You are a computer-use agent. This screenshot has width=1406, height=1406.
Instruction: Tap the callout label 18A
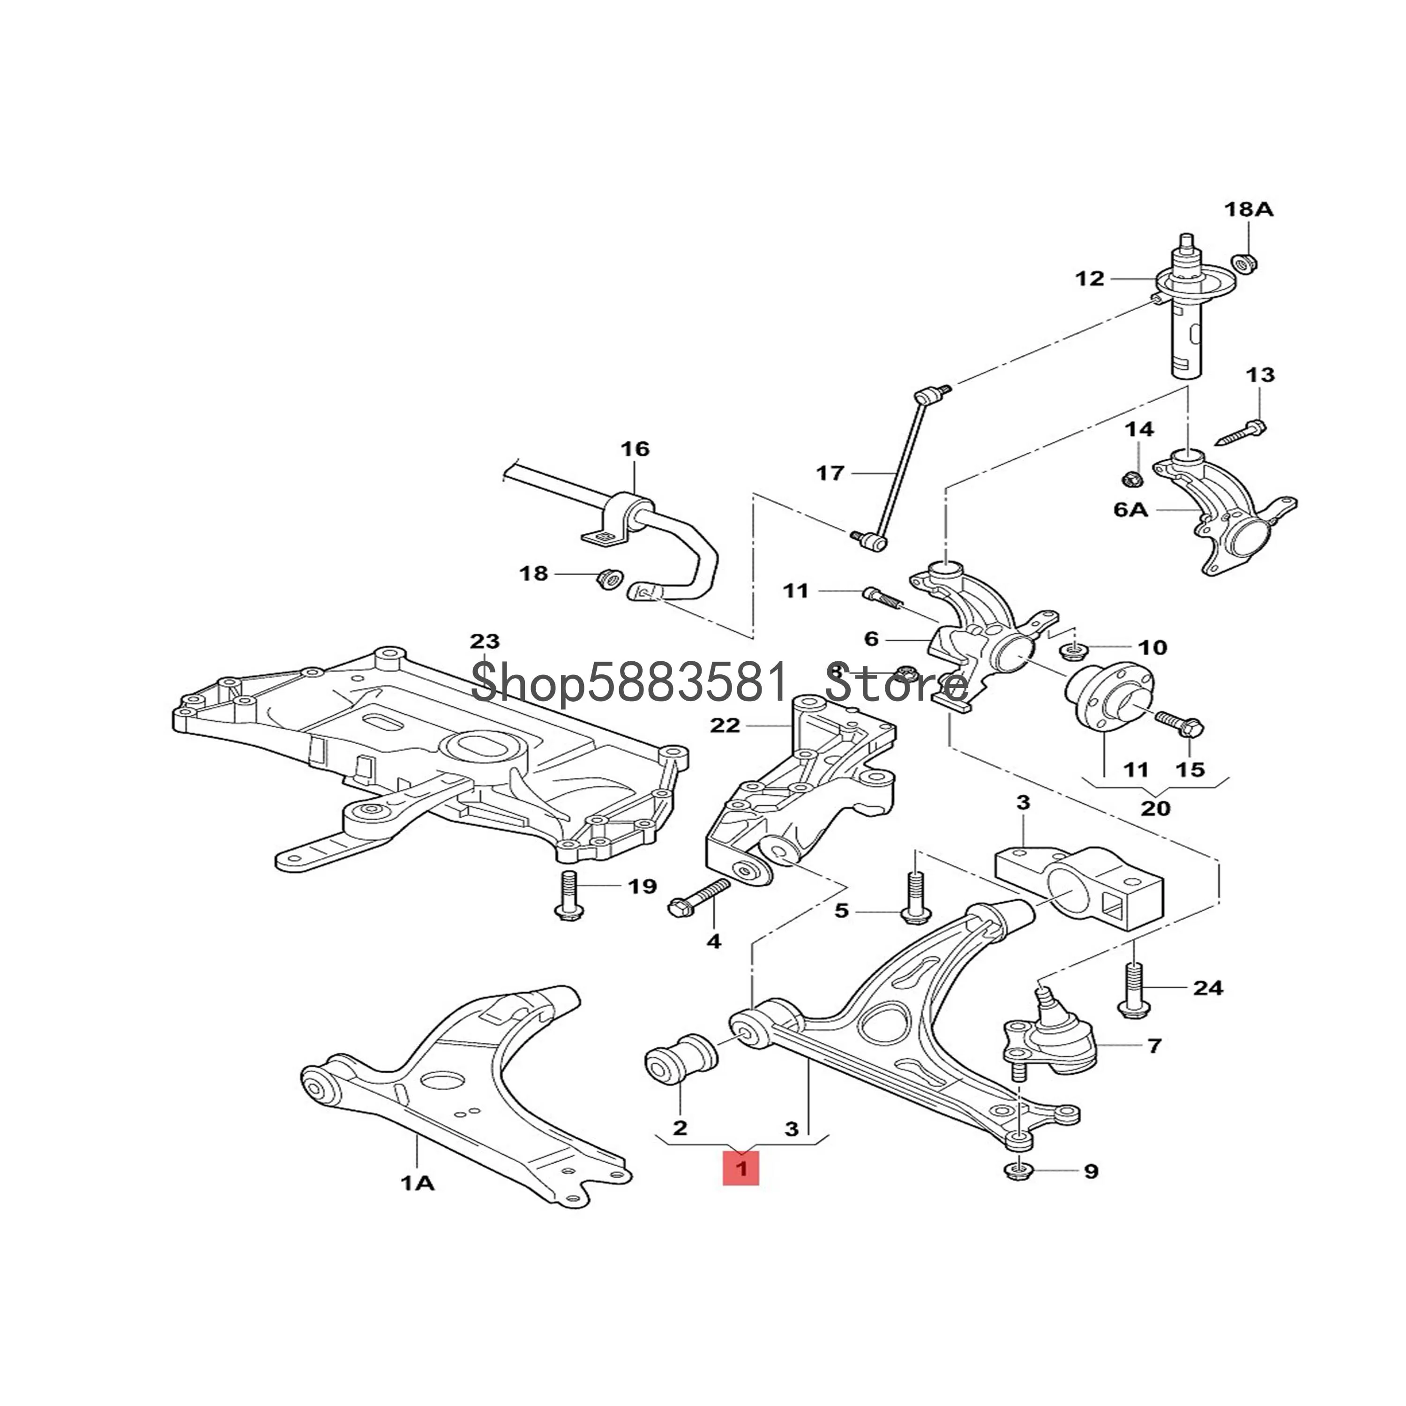click(1249, 209)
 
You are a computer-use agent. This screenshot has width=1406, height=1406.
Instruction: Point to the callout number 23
click(485, 641)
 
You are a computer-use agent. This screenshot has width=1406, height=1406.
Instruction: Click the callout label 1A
click(418, 1184)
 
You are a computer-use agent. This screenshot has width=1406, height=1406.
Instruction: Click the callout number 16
click(635, 449)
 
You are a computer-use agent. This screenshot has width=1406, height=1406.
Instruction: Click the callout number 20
click(1156, 808)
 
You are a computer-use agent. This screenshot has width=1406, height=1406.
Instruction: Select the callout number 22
click(725, 725)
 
